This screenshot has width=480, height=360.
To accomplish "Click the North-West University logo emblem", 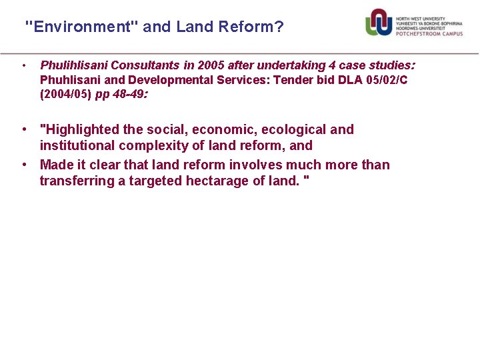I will click(378, 22).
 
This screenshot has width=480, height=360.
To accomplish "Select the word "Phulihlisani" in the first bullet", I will click(74, 65).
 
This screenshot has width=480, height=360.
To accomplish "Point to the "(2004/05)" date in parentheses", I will click(65, 94).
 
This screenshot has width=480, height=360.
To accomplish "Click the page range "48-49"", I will click(127, 94).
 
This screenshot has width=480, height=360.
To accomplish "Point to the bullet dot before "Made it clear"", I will click(24, 165).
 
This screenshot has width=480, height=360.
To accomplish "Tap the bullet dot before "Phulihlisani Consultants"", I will click(24, 65).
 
